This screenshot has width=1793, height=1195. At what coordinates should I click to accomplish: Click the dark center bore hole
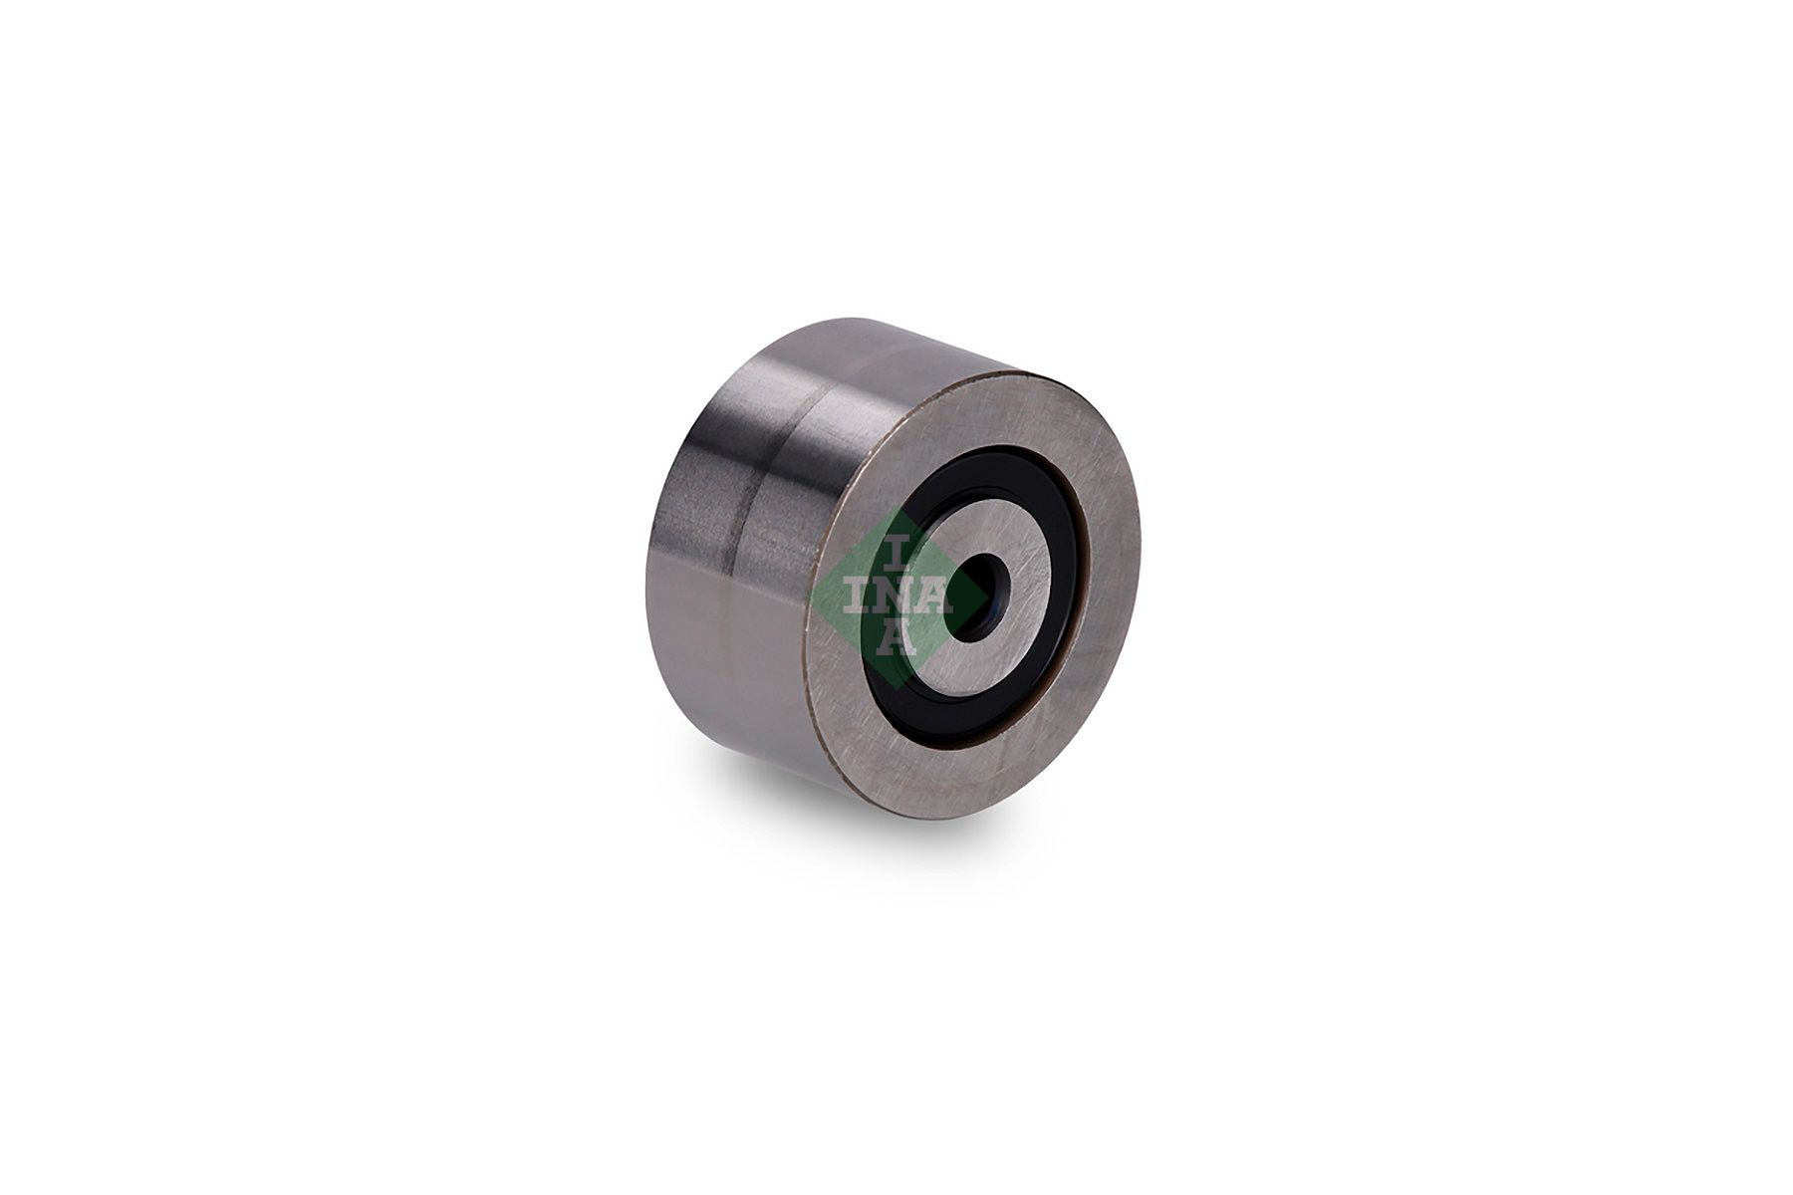click(973, 594)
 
